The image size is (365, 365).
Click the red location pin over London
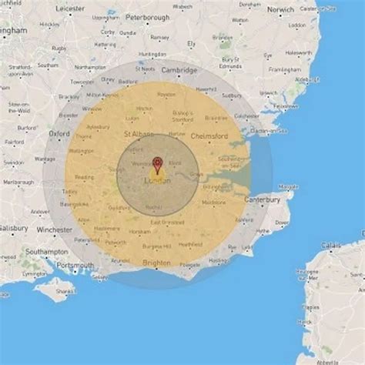(x=158, y=163)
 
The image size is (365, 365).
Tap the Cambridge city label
(x=179, y=70)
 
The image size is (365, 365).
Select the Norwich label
(x=281, y=9)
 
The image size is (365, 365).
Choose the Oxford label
(x=60, y=132)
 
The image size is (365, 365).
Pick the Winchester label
(x=54, y=229)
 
